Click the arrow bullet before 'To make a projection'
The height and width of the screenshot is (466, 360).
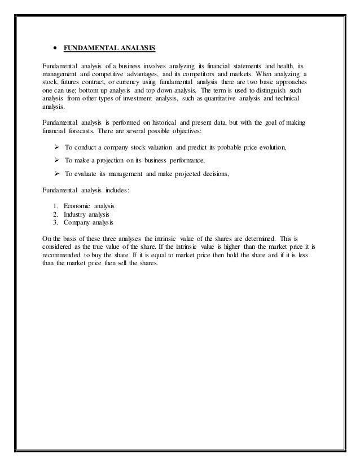point(56,161)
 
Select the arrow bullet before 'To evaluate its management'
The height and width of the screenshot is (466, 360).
point(56,174)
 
